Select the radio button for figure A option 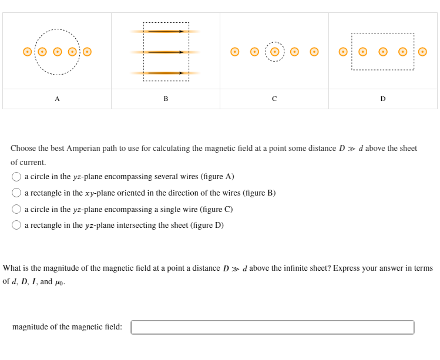(x=17, y=176)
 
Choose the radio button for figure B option (x=17, y=193)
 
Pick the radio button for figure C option (x=17, y=209)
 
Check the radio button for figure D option (x=17, y=225)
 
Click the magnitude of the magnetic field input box (x=272, y=327)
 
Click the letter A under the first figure (x=57, y=99)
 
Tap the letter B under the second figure (x=166, y=99)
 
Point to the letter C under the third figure (x=274, y=99)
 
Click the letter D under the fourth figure (x=383, y=99)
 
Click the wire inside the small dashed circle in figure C (x=274, y=52)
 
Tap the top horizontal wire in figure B (x=166, y=31)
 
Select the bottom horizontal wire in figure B (x=166, y=73)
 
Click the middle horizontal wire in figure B (x=166, y=52)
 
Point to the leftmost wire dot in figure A (x=27, y=52)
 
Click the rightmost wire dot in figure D (x=422, y=52)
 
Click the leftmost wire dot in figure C (x=234, y=52)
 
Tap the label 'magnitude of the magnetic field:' (x=67, y=327)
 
